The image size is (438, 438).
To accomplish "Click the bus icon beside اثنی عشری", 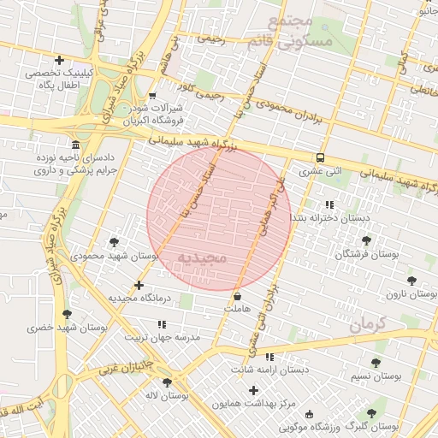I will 320,157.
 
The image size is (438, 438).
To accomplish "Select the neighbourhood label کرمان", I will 368,324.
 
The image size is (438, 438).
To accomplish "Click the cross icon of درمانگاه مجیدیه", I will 139,285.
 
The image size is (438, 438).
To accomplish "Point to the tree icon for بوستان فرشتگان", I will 367,240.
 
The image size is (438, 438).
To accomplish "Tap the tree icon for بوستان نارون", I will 411,280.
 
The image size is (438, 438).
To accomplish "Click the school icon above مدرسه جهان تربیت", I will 163,324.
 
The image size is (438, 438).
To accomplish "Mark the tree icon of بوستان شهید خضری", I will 67,314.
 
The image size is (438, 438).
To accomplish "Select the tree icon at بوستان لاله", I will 166,382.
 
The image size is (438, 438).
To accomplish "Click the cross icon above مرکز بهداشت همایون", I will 253,390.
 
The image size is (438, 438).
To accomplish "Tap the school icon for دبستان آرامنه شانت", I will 270,357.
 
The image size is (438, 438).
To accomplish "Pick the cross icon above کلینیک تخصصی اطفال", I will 59,60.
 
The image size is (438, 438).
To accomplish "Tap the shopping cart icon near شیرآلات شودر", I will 152,96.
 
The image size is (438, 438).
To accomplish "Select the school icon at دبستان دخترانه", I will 328,204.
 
